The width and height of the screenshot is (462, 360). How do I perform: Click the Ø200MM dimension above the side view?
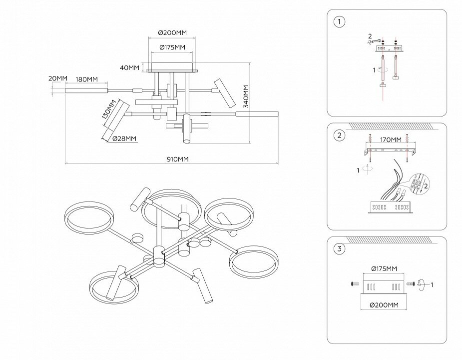[172, 32]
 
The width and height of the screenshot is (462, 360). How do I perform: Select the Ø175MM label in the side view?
[172, 47]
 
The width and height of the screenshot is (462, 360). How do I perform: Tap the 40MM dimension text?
[130, 67]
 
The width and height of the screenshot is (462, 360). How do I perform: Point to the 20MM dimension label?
[58, 78]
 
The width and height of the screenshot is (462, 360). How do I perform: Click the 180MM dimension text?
[86, 79]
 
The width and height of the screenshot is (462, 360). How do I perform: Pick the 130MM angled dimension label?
[108, 109]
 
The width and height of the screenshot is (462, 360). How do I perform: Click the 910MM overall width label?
[177, 159]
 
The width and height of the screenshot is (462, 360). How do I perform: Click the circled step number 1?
[340, 21]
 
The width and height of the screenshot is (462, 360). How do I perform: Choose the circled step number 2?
[340, 135]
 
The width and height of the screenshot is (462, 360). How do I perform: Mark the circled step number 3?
[340, 249]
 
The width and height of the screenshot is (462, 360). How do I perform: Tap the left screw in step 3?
[356, 284]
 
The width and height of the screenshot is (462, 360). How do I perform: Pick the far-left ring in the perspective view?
[89, 217]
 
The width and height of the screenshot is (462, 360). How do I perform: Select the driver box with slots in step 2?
[389, 206]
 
